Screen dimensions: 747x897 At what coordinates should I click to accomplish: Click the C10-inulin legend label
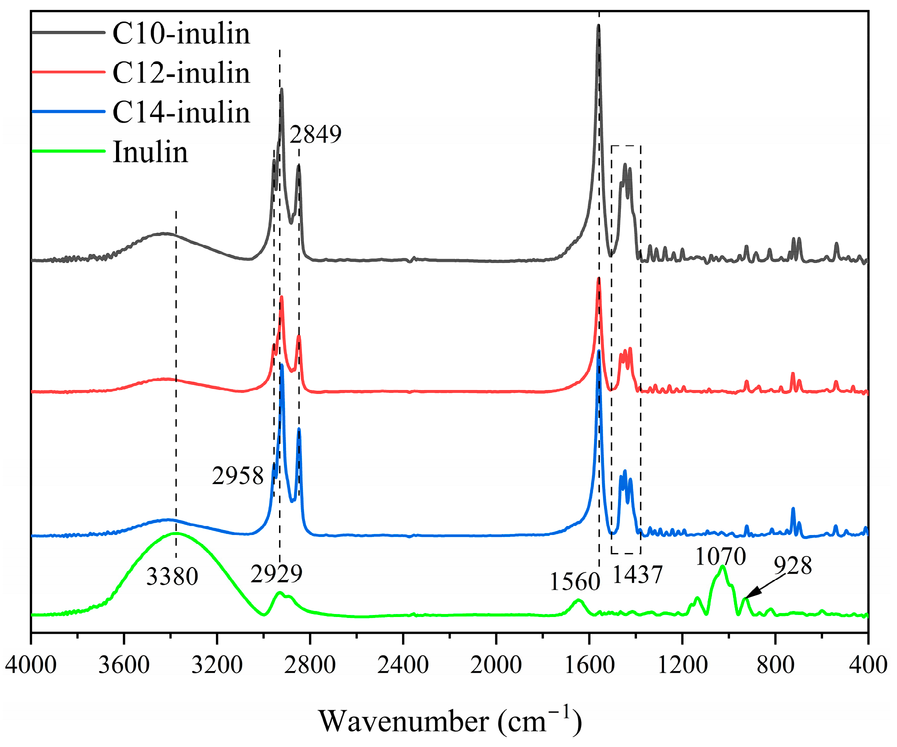pyautogui.click(x=181, y=34)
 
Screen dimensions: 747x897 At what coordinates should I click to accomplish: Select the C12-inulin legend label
pyautogui.click(x=181, y=73)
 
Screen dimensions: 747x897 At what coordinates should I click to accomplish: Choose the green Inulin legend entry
pyautogui.click(x=150, y=151)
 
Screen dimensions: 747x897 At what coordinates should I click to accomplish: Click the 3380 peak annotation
pyautogui.click(x=172, y=576)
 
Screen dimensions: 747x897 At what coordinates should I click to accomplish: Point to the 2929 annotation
pyautogui.click(x=276, y=573)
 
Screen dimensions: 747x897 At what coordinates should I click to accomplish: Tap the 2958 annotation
pyautogui.click(x=237, y=475)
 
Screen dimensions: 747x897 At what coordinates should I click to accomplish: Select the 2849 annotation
pyautogui.click(x=315, y=134)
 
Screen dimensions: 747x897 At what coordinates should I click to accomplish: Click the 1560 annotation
pyautogui.click(x=575, y=581)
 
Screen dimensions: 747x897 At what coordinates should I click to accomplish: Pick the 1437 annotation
pyautogui.click(x=637, y=574)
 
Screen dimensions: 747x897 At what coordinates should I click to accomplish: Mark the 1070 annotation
pyautogui.click(x=720, y=555)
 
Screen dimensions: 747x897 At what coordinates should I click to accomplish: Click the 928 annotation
pyautogui.click(x=792, y=566)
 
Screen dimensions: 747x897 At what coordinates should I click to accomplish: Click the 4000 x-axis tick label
pyautogui.click(x=30, y=665)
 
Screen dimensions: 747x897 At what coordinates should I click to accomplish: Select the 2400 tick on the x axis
pyautogui.click(x=403, y=665)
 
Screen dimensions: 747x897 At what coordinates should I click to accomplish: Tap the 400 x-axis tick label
pyautogui.click(x=868, y=665)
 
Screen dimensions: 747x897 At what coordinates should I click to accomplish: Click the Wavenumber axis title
pyautogui.click(x=450, y=721)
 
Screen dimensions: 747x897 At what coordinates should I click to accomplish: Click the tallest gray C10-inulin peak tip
pyautogui.click(x=598, y=26)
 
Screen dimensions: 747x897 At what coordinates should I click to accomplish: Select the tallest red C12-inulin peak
pyautogui.click(x=598, y=279)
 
